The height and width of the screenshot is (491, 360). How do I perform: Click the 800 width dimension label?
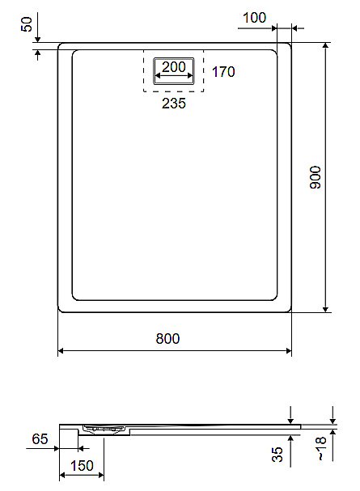pos(167,338)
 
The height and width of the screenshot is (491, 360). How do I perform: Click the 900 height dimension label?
pos(316,177)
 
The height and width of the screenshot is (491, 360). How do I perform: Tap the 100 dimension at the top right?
pos(255,18)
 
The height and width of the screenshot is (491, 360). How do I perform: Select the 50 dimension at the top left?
pos(27,24)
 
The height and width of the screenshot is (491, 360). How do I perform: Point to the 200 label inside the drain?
pos(174,66)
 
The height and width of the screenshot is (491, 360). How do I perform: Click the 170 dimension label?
pos(223,72)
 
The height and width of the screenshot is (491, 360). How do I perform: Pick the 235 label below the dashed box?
pos(174,104)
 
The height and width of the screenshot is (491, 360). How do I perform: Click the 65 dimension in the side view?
pos(40,438)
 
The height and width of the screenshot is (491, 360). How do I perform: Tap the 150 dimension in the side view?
pos(82,466)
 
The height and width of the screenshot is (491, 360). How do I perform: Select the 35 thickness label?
pos(277,454)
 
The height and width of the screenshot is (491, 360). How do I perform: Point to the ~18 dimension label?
pos(321,449)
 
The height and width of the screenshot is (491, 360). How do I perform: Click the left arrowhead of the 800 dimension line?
pos(61,351)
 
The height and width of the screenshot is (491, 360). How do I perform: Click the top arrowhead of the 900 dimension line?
pos(325,46)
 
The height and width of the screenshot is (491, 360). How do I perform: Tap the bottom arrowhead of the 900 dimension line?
pos(325,309)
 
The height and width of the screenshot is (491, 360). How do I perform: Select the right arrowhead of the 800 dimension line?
pos(289,351)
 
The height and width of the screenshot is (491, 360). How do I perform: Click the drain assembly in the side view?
pos(104,430)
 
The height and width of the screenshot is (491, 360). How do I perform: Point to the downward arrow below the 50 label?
pos(37,28)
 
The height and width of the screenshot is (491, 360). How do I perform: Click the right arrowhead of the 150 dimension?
pos(101,476)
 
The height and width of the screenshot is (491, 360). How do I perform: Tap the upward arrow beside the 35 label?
pos(290,451)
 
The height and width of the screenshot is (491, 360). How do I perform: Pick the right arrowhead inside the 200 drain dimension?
pos(190,76)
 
